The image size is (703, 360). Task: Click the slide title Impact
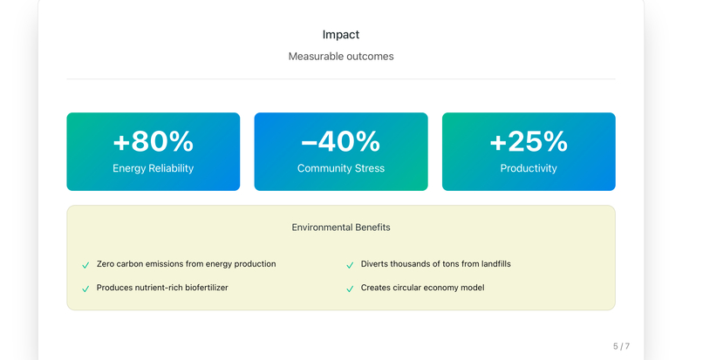[340, 35]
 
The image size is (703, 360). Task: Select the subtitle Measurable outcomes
[340, 57]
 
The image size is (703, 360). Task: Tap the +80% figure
[153, 141]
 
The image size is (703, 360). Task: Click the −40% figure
[340, 141]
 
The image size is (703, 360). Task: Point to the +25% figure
[529, 141]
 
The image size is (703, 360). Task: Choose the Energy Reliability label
[153, 168]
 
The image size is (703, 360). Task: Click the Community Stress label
[340, 168]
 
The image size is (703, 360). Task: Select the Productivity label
[529, 168]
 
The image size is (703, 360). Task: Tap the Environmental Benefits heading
[340, 228]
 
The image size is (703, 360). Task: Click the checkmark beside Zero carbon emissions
[85, 265]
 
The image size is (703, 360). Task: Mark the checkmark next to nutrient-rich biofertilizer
[85, 289]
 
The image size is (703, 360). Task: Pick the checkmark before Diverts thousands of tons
[350, 265]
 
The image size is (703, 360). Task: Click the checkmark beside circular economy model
[350, 289]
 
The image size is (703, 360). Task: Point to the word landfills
[492, 264]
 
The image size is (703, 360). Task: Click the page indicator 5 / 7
[621, 346]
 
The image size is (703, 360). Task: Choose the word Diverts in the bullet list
[375, 264]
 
